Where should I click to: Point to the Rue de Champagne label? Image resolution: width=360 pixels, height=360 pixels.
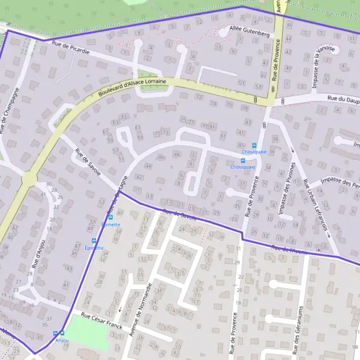pos(10,112)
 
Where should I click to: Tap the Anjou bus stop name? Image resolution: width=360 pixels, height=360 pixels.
pos(62,341)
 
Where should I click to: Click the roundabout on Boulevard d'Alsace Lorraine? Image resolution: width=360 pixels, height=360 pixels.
pos(28,179)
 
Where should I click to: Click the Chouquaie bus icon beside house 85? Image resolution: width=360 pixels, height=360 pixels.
pos(254,145)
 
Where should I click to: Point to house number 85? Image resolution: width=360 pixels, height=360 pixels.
pos(241,146)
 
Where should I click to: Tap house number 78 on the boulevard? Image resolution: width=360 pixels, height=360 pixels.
pos(245,108)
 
